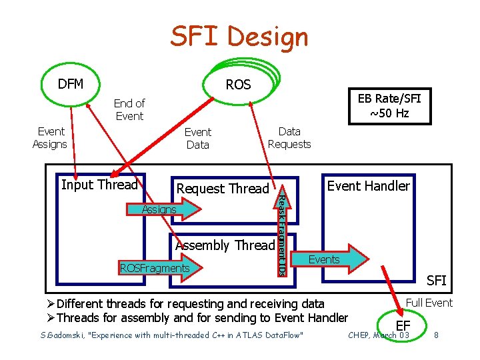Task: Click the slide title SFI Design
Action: pyautogui.click(x=239, y=37)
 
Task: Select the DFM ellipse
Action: pyautogui.click(x=71, y=84)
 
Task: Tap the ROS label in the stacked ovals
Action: pyautogui.click(x=238, y=85)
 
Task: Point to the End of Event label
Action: pyautogui.click(x=129, y=109)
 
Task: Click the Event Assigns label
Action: pyautogui.click(x=50, y=138)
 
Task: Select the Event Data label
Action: pyautogui.click(x=197, y=138)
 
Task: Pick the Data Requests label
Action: pyautogui.click(x=289, y=138)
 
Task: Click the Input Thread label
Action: pyautogui.click(x=99, y=185)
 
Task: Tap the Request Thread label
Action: pyautogui.click(x=223, y=189)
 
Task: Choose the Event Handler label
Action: pyautogui.click(x=369, y=186)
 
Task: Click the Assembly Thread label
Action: pyautogui.click(x=225, y=245)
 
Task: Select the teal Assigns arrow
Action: pyautogui.click(x=170, y=209)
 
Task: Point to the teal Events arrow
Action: pyautogui.click(x=333, y=259)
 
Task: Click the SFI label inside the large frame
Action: pyautogui.click(x=436, y=280)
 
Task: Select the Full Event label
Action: pyautogui.click(x=429, y=303)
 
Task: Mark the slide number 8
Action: pyautogui.click(x=435, y=333)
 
